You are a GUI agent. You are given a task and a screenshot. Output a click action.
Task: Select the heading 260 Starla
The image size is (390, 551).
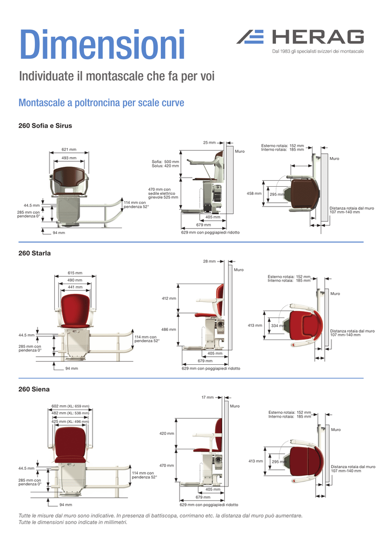point(34,253)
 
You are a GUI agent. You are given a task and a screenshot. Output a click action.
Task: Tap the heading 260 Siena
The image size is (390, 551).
point(33,388)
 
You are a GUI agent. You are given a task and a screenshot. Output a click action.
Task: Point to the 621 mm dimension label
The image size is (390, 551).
point(68,150)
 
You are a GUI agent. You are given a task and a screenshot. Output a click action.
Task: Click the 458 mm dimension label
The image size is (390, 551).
point(254,193)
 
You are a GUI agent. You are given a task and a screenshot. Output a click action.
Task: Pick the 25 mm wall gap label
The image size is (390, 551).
point(209,143)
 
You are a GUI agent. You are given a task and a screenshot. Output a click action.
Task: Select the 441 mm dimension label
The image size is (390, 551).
point(75,287)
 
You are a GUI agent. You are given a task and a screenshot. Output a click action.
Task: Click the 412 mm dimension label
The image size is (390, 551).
point(168,298)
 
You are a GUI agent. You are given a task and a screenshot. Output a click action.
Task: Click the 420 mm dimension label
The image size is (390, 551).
point(167,433)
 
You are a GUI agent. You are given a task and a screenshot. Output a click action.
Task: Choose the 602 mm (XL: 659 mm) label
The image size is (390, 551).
point(70,406)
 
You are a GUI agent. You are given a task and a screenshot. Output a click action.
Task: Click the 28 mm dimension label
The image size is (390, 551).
point(209,262)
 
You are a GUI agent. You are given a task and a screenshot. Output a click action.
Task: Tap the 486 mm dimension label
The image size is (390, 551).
point(168,329)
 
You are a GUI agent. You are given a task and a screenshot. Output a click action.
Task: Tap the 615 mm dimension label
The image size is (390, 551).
point(75,273)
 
